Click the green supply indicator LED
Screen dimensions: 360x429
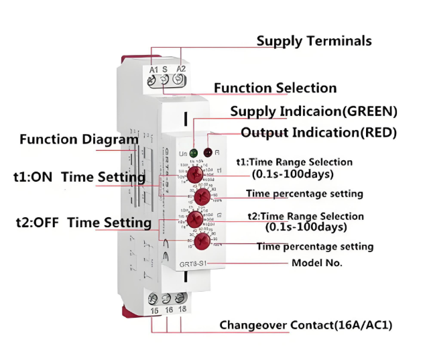[x=193, y=153]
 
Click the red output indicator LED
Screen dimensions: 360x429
[x=208, y=153]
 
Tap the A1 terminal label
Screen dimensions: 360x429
[x=154, y=69]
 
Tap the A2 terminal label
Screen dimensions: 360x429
[x=181, y=69]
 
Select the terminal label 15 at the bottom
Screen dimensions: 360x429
[x=154, y=310]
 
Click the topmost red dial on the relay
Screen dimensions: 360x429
[x=195, y=174]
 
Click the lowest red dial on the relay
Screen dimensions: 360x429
[x=201, y=243]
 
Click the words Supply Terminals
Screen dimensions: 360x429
[x=314, y=41]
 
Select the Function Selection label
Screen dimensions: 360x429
[x=275, y=88]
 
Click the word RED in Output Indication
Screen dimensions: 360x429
[x=379, y=133]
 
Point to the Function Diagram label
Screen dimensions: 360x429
[x=78, y=139]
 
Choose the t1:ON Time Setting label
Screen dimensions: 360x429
[x=79, y=178]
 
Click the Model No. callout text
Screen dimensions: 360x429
[x=316, y=263]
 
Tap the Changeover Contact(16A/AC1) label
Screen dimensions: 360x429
[x=306, y=325]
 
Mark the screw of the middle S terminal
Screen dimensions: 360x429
[x=166, y=80]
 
